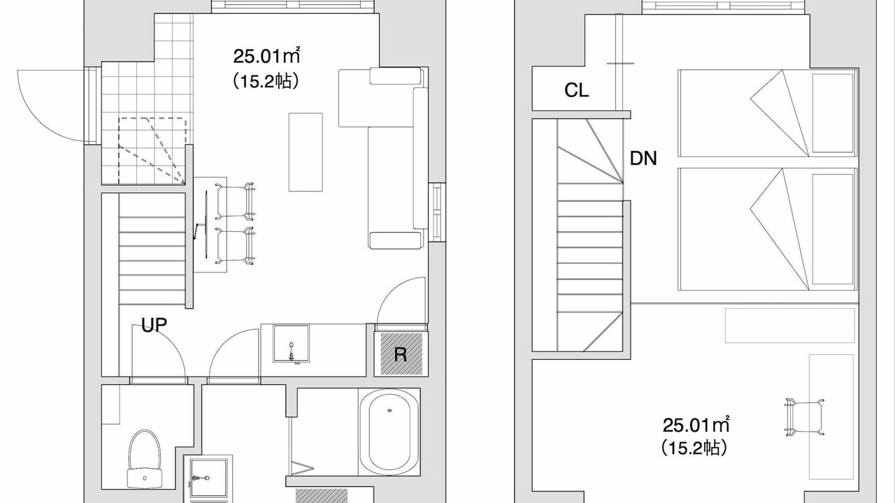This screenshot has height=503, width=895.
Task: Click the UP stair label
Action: coord(155,325)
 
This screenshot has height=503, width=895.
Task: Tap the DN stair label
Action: coord(643,159)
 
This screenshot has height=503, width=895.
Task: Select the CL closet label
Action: coord(576,90)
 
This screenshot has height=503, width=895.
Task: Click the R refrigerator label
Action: coord(401,354)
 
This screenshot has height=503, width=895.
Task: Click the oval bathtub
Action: coord(389,432)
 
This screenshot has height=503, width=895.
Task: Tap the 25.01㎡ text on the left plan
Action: coord(266,57)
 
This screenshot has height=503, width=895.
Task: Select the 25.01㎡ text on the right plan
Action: coord(696,425)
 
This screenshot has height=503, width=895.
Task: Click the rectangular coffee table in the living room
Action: coord(306,152)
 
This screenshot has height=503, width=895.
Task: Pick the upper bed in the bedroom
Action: coord(768,113)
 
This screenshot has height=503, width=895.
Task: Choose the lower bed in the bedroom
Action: coord(768,229)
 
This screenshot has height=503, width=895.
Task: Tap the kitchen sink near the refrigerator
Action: coord(291,343)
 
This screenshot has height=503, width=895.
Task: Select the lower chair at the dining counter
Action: coord(236,246)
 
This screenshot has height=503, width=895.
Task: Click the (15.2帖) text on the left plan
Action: coord(266,81)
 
